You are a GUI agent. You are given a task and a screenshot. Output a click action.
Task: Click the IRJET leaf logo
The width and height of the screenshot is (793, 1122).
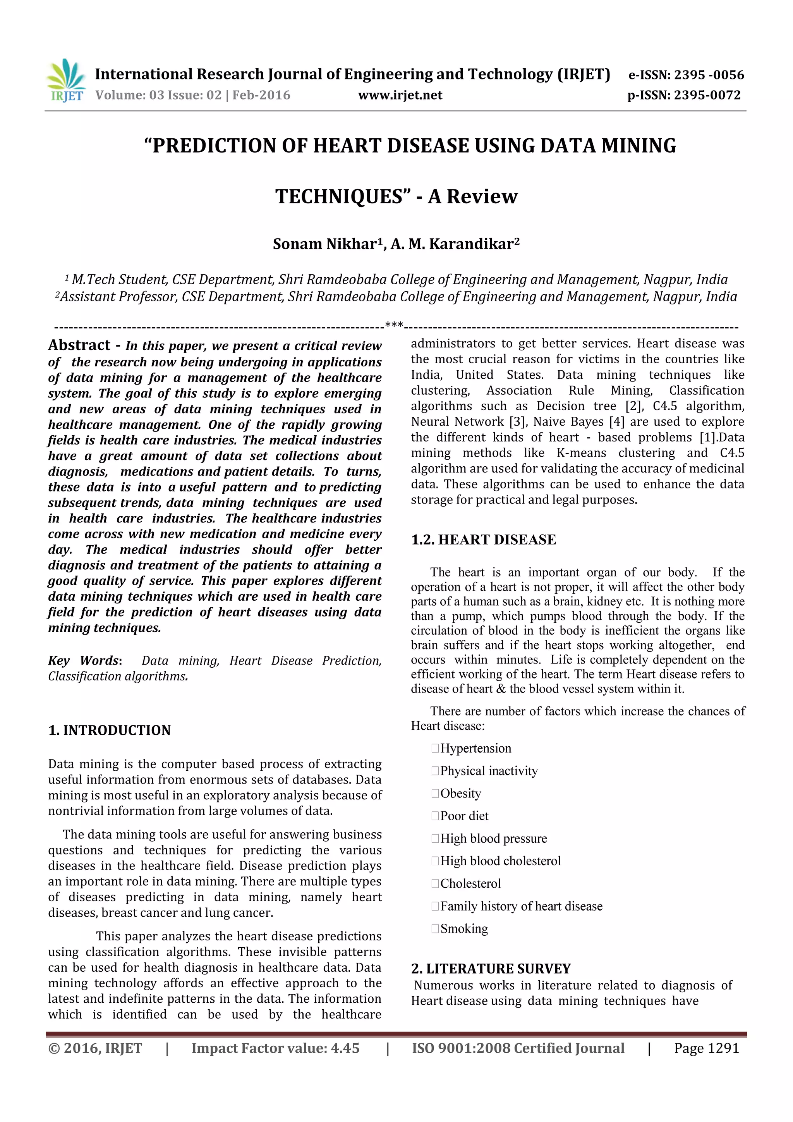click(x=66, y=80)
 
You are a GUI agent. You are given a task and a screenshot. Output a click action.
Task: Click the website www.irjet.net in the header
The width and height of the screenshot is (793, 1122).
click(x=400, y=95)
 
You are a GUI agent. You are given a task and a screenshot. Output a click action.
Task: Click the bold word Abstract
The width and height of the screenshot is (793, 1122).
click(x=79, y=345)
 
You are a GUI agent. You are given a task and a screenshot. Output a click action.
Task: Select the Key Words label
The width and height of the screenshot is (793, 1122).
click(x=84, y=661)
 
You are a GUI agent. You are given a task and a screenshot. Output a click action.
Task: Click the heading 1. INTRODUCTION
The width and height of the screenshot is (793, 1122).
click(x=110, y=730)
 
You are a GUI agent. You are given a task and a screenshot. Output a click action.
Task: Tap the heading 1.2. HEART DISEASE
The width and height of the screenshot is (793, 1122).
click(x=483, y=540)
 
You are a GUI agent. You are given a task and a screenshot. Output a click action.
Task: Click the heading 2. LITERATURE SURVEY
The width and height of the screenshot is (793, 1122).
click(x=491, y=969)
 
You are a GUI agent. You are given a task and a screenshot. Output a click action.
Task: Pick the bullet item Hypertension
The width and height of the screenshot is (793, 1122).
click(x=475, y=748)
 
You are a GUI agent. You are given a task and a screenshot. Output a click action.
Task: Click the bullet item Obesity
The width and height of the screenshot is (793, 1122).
click(x=460, y=793)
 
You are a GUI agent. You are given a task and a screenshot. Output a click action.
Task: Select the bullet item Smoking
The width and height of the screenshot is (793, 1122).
click(x=464, y=928)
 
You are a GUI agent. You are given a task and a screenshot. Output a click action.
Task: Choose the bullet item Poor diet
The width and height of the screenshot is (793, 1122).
click(x=464, y=816)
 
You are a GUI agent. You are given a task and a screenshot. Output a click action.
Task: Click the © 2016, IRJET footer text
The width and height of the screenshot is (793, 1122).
click(x=95, y=1048)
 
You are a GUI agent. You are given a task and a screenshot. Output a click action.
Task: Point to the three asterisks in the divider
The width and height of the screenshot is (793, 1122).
click(x=394, y=325)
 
